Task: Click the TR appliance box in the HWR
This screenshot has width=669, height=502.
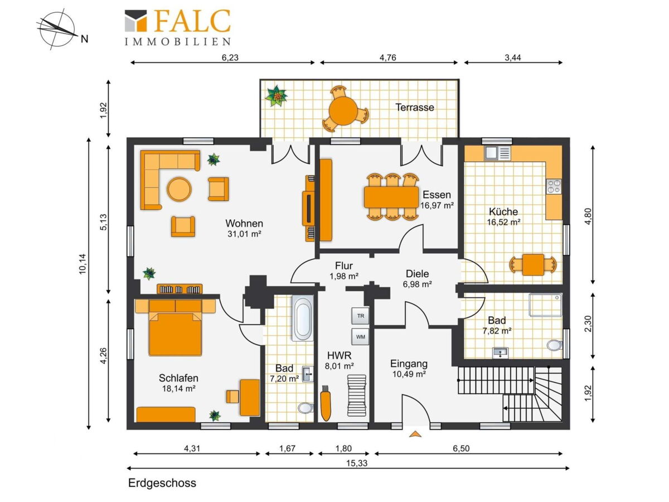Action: point(360,316)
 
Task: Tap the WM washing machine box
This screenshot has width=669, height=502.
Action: point(360,337)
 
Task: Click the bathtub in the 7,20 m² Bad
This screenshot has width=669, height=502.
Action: point(302,318)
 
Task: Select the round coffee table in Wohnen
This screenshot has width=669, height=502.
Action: point(179,189)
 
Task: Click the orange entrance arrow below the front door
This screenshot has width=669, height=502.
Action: point(415,434)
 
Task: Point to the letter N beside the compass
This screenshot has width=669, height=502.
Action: point(84,39)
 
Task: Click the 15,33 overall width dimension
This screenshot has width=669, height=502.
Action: point(357,463)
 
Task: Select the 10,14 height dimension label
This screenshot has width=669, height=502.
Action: point(83,264)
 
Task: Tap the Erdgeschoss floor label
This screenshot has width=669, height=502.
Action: point(162,483)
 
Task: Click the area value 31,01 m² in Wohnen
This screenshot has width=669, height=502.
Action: point(244,234)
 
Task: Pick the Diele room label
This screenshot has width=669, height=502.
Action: point(417,274)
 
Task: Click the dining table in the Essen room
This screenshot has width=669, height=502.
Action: point(391,197)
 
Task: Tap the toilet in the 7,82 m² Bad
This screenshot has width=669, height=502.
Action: point(554,345)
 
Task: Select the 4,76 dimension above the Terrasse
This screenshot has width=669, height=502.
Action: point(387,57)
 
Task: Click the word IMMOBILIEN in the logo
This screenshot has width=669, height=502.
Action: point(178,41)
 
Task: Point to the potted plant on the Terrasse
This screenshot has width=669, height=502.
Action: point(276,96)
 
